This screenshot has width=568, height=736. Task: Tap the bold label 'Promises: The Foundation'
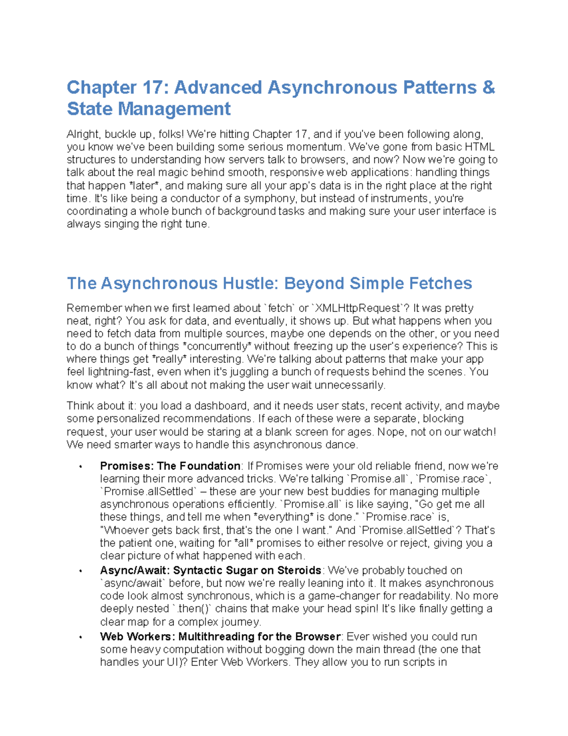170,466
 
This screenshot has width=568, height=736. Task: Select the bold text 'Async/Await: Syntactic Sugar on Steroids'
211,570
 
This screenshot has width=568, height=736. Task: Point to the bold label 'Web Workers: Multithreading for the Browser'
220,636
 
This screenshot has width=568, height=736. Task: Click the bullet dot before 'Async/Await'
81,571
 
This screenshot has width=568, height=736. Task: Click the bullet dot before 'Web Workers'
81,637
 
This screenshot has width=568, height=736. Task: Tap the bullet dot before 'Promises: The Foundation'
81,467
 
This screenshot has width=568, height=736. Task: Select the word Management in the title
174,109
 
